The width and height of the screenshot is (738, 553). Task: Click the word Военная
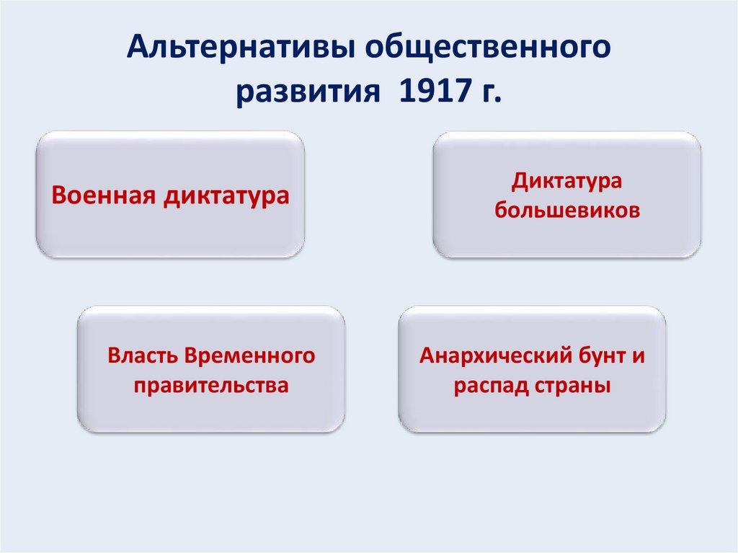102,195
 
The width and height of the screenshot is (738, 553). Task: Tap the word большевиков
566,211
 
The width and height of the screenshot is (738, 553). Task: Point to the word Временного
250,355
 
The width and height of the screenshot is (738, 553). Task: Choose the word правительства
211,386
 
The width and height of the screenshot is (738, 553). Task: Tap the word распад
491,386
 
